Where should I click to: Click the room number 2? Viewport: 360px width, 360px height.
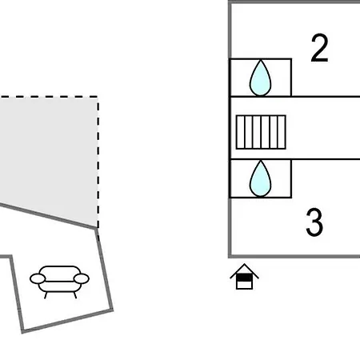tap(319, 48)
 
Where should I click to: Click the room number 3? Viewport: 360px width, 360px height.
tap(314, 222)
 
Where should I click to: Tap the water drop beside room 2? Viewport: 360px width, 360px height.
tap(260, 78)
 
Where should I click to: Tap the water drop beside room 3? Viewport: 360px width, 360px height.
tap(260, 178)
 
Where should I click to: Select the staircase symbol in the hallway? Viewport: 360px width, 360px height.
tap(261, 132)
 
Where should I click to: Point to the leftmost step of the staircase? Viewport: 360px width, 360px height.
tap(241, 132)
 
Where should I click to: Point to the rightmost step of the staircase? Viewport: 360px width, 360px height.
tap(282, 132)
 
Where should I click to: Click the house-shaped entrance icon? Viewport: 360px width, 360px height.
tap(244, 277)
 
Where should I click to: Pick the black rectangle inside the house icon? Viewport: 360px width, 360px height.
tap(244, 278)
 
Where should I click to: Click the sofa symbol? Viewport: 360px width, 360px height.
tap(59, 282)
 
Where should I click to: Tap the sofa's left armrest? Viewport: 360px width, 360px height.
tap(38, 278)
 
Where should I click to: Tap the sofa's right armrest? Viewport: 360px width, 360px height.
tap(82, 278)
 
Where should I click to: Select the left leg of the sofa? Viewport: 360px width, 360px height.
tap(46, 295)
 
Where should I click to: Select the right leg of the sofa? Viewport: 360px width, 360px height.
tap(75, 295)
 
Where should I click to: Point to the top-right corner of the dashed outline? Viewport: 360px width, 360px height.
tap(98, 97)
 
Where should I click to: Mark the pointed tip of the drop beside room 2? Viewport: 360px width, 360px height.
tap(261, 60)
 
